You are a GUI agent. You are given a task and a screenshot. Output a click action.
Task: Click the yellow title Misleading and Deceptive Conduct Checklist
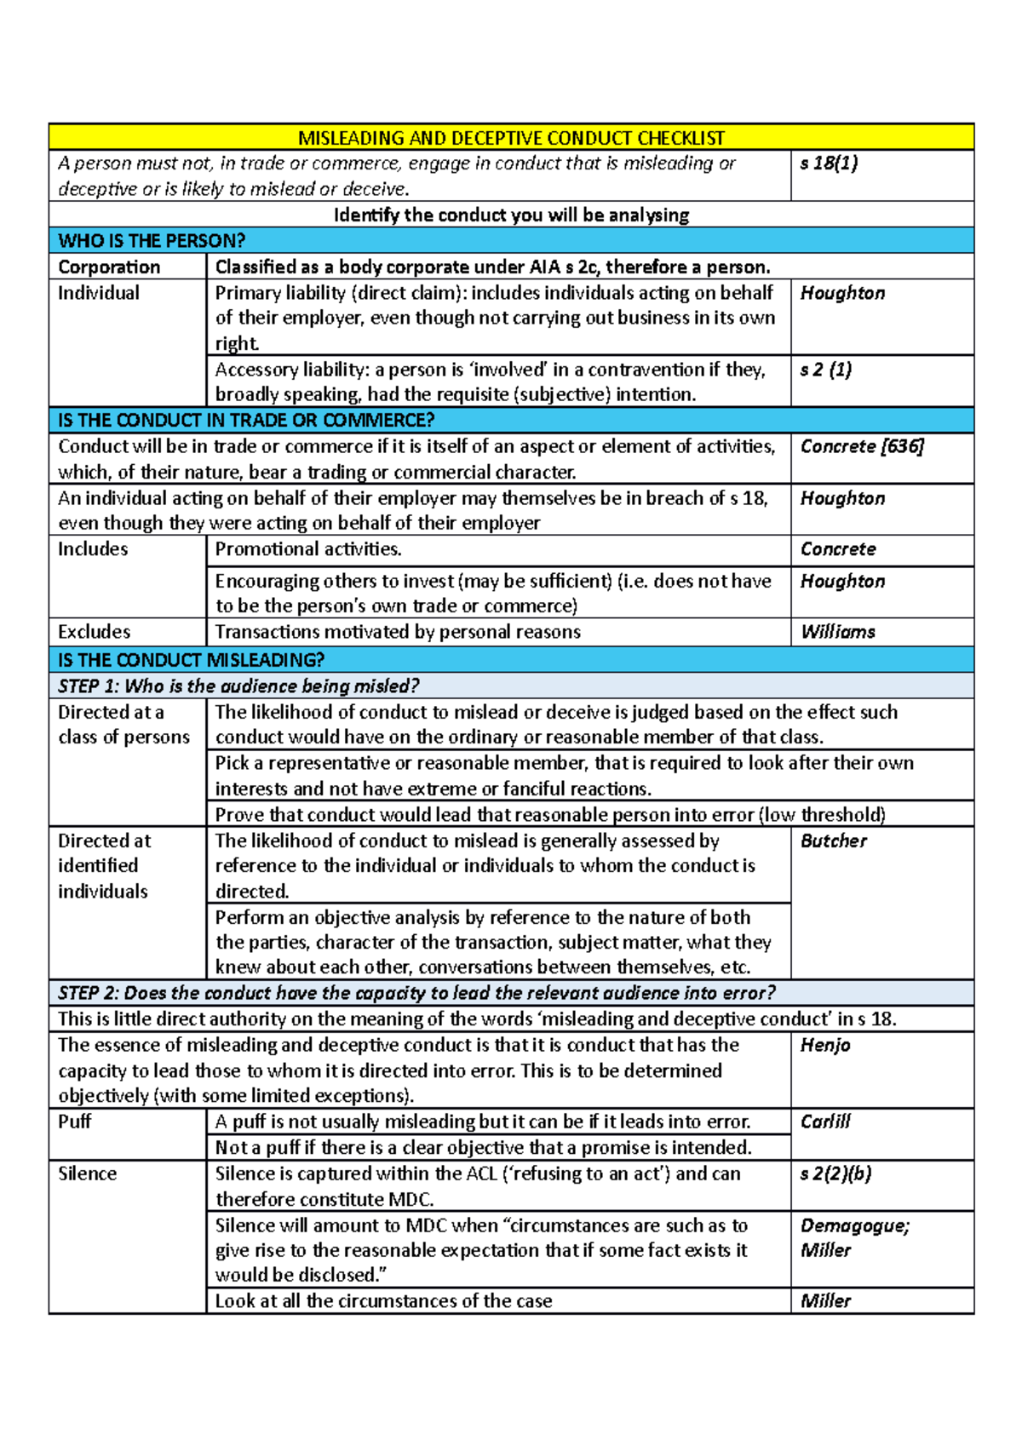coord(511,138)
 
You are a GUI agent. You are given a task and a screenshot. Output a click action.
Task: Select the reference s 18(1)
coord(829,164)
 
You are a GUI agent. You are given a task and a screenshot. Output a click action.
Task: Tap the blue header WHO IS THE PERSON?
coord(152,241)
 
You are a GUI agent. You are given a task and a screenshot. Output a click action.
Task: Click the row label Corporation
coord(109,267)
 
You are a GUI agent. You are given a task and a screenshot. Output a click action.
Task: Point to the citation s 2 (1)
coord(826,370)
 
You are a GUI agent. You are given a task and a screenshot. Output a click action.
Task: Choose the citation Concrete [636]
coord(862,446)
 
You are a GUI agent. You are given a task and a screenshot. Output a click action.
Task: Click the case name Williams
coord(838,632)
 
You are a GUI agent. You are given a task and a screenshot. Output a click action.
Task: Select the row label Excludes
coord(95,632)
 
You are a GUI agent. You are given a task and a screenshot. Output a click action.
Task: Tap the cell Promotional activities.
coord(308,549)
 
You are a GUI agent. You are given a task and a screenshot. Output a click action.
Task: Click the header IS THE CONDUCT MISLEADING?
coord(191,660)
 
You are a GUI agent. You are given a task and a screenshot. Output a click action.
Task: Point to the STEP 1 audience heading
coord(238,686)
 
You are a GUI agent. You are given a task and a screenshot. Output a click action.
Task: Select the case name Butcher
coord(834,841)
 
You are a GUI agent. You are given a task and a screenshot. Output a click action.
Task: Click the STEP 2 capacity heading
coord(416,993)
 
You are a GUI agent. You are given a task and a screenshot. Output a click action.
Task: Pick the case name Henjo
coord(825,1045)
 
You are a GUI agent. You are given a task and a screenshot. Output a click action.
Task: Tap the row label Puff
coord(75,1122)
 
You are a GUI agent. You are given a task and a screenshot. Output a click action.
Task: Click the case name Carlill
coord(825,1122)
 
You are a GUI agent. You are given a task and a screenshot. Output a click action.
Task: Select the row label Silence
coord(88,1173)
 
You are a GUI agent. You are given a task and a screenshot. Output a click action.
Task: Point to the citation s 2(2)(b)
coord(835,1173)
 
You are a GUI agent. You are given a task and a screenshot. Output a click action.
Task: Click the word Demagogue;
coord(855,1225)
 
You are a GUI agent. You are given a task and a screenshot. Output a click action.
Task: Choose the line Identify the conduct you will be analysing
coord(511,215)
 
